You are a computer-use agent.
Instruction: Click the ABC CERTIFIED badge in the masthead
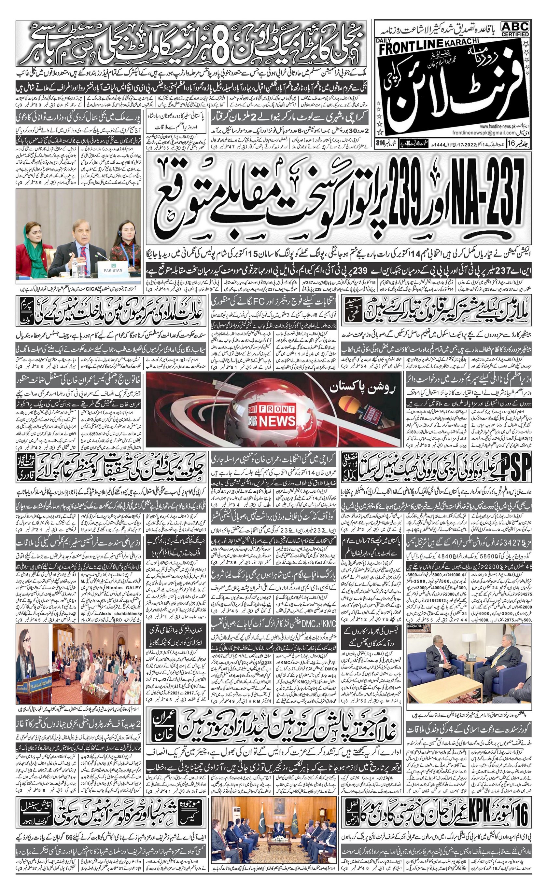(515, 29)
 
